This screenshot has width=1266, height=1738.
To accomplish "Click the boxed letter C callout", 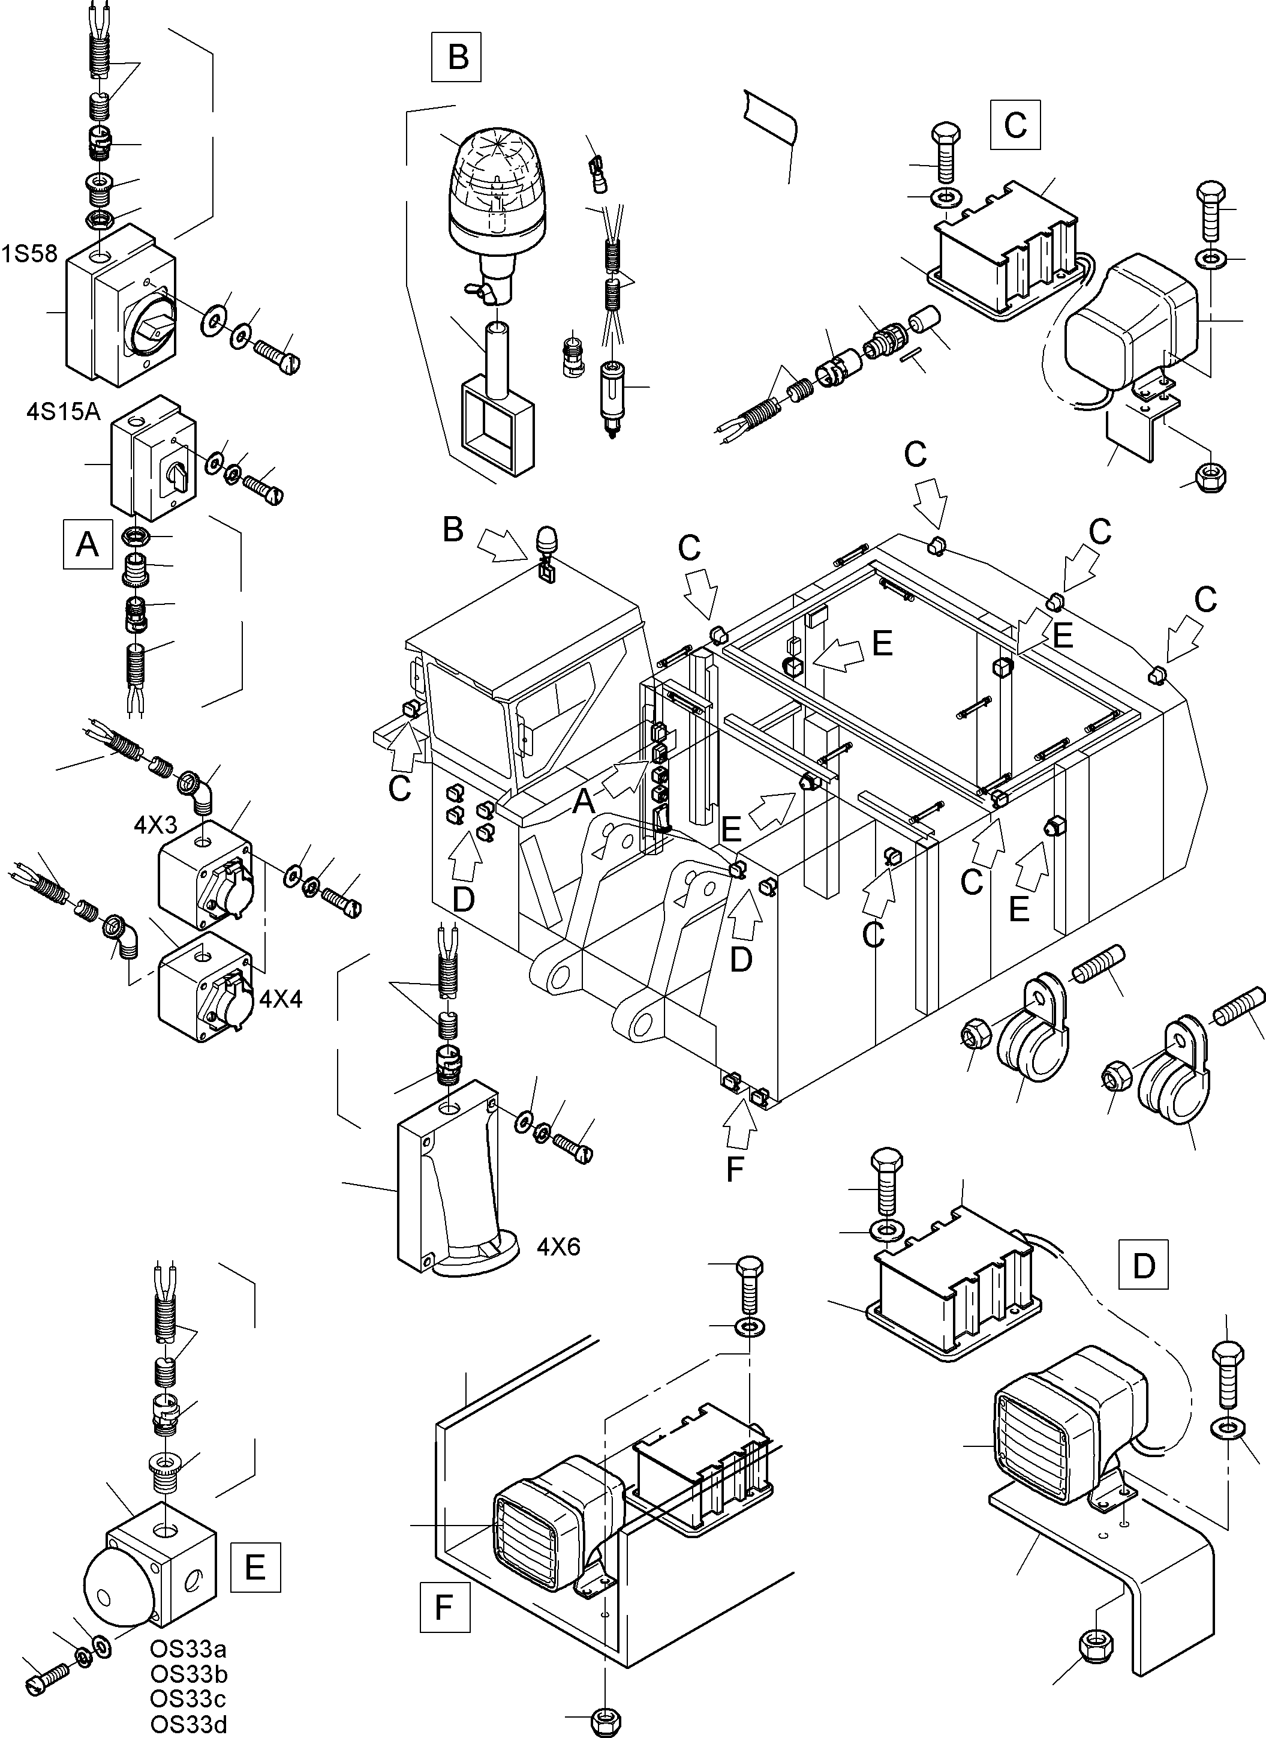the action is (x=1015, y=124).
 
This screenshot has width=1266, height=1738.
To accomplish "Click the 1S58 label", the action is (x=29, y=254).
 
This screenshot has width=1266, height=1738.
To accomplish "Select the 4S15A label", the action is (x=64, y=412).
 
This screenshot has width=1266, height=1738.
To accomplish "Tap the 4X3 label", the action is (x=155, y=825).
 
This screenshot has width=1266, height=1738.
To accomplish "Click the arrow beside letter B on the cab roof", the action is (x=499, y=548).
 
